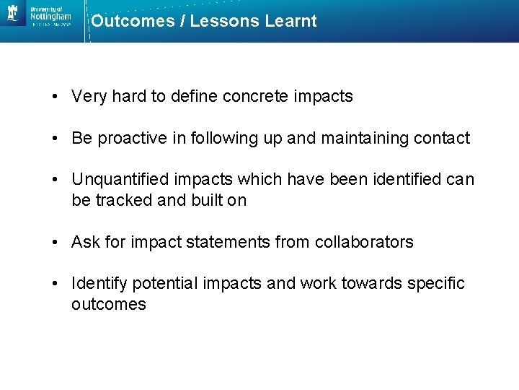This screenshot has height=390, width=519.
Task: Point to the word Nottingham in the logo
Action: click(51, 15)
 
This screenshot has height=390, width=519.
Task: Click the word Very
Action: click(89, 97)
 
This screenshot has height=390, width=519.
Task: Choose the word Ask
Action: click(86, 242)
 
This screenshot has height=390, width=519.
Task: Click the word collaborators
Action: click(364, 242)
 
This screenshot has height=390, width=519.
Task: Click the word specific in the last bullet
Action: click(436, 283)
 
